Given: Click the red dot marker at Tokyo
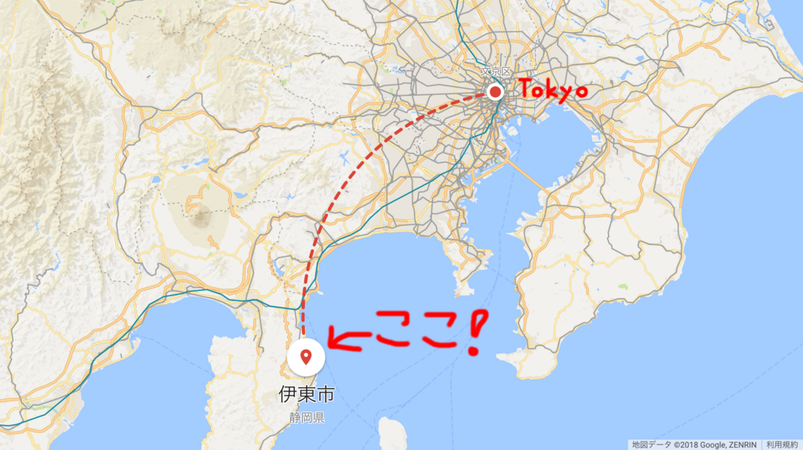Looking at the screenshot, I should click(x=495, y=92).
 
